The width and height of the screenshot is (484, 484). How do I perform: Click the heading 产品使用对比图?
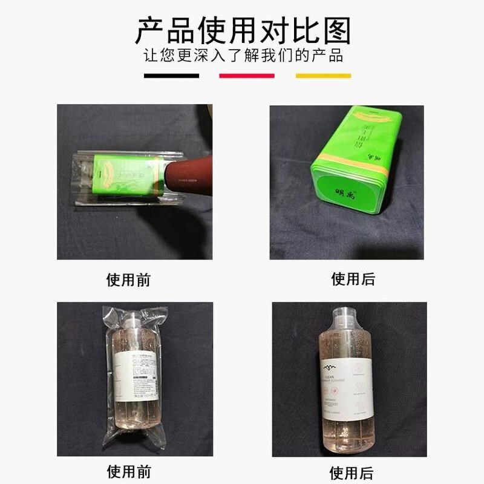pos(242,30)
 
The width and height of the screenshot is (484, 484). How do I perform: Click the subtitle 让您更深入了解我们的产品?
pos(243,56)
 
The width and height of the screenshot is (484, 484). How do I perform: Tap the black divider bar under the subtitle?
pos(171,76)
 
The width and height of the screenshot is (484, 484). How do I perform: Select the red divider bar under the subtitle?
pos(246,76)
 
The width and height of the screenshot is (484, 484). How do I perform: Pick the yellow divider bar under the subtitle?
pos(323,76)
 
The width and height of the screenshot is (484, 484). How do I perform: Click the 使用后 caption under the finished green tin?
pos(353,279)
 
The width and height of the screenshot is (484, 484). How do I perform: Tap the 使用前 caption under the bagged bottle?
pos(129,471)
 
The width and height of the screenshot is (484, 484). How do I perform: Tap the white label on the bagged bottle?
pos(140,376)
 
